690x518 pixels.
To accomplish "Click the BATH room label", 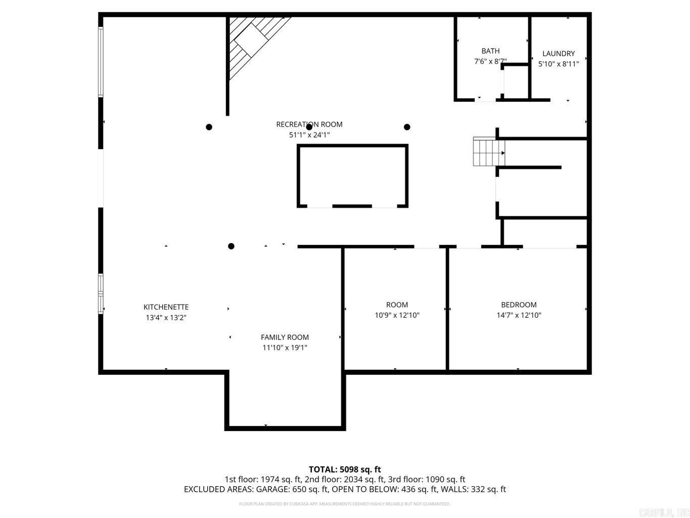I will [x=490, y=51].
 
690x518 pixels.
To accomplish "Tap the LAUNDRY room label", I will [x=559, y=53].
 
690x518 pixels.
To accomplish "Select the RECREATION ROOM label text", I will [x=309, y=124].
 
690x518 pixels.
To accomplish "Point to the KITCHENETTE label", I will [x=166, y=307].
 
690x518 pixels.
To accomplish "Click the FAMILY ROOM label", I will [x=285, y=337].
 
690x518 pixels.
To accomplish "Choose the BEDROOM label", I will [x=519, y=305].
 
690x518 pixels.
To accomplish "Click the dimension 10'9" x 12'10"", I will [x=397, y=315].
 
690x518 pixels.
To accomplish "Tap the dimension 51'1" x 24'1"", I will [x=309, y=135].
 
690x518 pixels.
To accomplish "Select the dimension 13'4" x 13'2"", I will [x=166, y=318].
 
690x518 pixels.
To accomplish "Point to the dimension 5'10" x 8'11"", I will [x=559, y=64].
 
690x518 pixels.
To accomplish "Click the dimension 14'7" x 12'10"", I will [x=519, y=315].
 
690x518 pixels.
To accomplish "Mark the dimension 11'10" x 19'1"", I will [x=285, y=348].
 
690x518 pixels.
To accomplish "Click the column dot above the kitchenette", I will [x=231, y=246].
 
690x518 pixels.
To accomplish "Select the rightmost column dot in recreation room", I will [x=407, y=127].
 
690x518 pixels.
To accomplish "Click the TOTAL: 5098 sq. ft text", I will [x=345, y=469].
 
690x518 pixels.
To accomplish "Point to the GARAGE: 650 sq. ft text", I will [x=293, y=489].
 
